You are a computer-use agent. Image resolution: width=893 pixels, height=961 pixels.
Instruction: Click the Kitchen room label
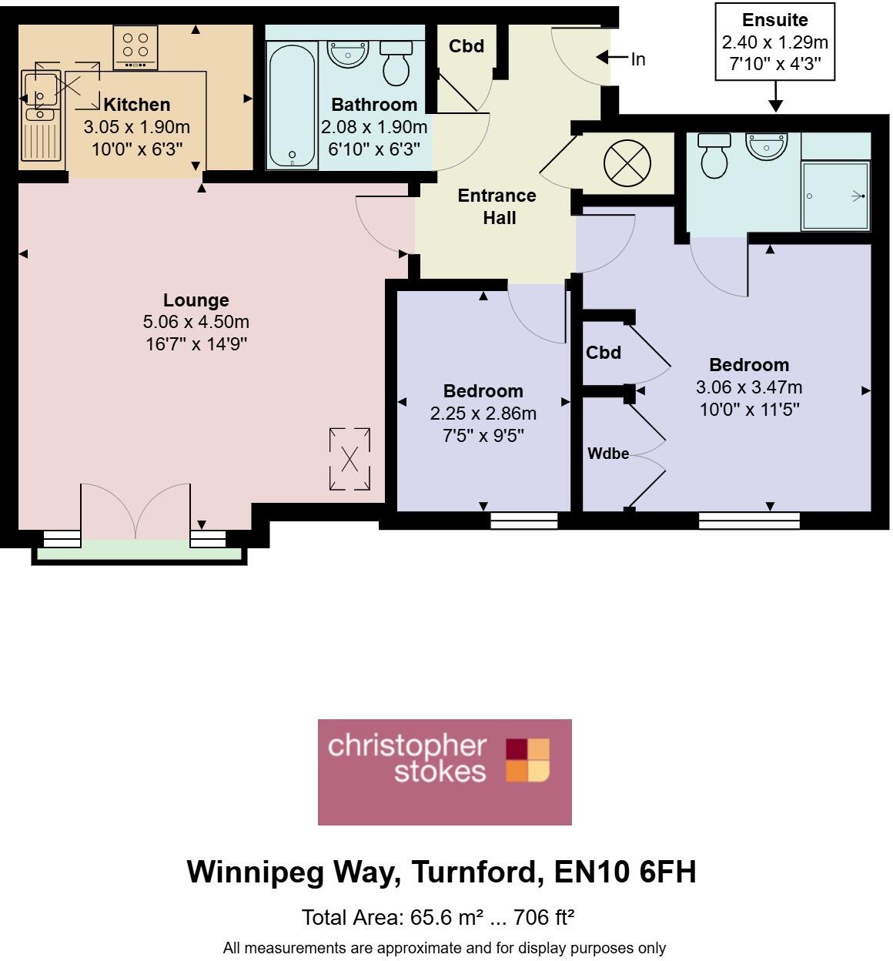(136, 105)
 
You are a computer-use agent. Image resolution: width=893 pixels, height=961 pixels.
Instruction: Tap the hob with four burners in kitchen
(135, 48)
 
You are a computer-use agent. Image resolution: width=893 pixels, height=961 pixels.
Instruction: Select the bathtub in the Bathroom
(291, 105)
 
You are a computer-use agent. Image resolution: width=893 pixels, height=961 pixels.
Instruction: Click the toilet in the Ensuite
(714, 156)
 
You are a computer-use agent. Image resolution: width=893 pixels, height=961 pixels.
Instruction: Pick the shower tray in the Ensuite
(835, 196)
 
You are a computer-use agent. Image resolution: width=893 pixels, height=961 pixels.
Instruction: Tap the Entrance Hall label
(497, 206)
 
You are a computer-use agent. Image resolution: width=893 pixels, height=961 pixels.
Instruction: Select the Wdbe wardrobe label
(608, 454)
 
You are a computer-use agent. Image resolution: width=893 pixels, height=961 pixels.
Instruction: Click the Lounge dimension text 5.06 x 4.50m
(196, 322)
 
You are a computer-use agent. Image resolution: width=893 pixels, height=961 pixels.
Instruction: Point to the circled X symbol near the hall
(627, 162)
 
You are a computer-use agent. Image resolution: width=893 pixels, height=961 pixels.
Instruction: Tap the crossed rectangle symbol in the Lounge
(350, 459)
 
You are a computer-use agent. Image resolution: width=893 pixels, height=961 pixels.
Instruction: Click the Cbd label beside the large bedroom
(603, 353)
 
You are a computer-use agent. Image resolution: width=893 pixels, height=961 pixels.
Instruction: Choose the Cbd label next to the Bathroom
(467, 46)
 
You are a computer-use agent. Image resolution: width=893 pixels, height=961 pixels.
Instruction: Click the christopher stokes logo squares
(528, 760)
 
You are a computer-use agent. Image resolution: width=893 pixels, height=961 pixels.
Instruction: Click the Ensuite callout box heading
(774, 20)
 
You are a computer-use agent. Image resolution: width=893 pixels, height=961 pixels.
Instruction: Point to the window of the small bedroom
(523, 521)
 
